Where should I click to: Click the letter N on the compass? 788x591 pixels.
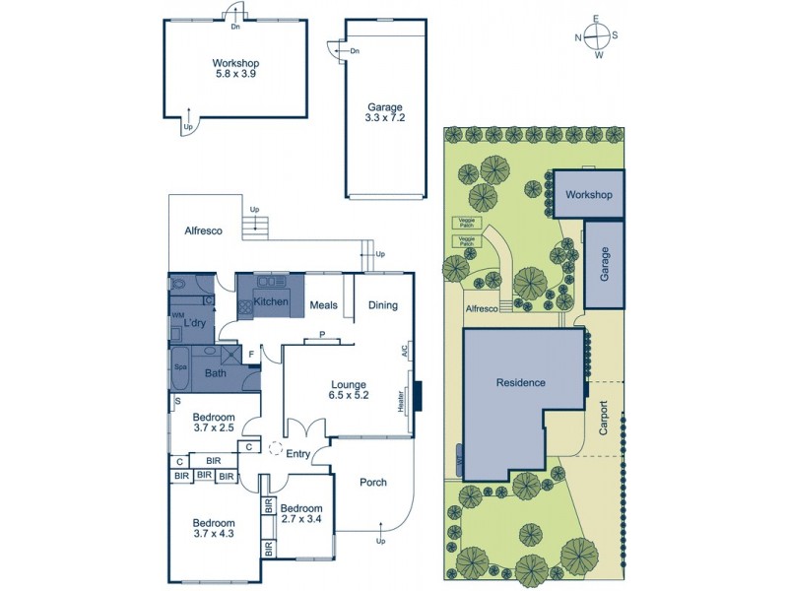(x=579, y=37)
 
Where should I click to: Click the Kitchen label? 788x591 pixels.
(x=271, y=301)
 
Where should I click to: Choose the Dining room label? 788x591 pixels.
(x=383, y=305)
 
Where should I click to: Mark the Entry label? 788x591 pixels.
(x=298, y=453)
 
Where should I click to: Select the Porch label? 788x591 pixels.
(x=372, y=483)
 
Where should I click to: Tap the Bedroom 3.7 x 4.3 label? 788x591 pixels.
(x=214, y=529)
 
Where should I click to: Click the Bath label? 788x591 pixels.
(x=215, y=373)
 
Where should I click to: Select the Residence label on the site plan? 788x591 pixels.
(x=520, y=382)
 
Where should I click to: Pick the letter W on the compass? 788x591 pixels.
(x=598, y=55)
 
